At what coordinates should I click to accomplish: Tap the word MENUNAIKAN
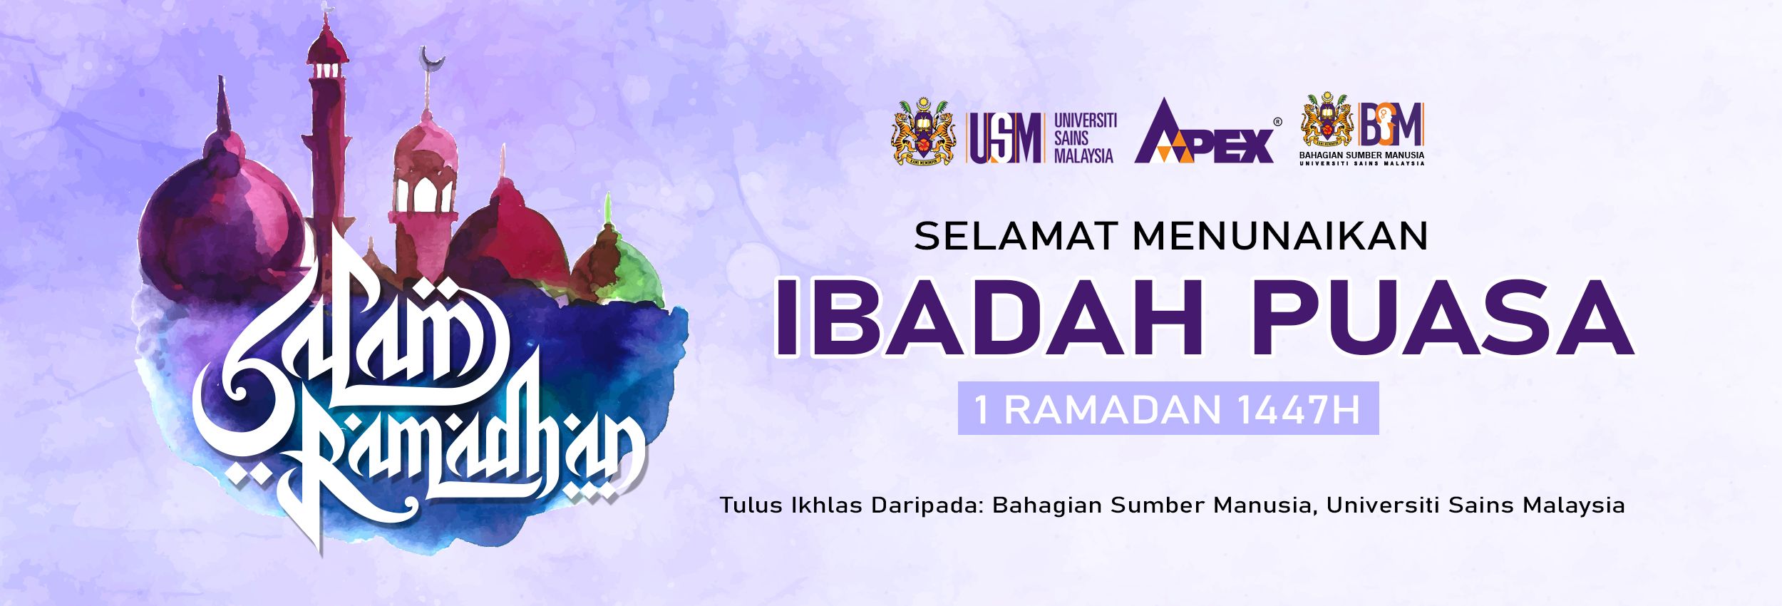(x=1281, y=237)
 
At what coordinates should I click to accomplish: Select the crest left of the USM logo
(x=924, y=131)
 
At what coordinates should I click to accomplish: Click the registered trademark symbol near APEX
(x=1277, y=121)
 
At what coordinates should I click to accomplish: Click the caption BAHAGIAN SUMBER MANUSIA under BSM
(x=1362, y=155)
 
